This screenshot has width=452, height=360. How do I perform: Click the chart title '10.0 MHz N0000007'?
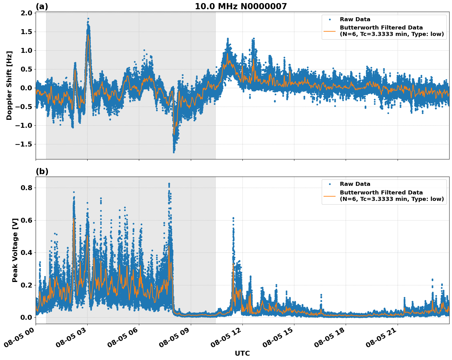[241, 6]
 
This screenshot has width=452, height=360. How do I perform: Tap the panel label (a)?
[42, 6]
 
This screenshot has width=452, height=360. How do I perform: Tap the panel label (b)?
[42, 171]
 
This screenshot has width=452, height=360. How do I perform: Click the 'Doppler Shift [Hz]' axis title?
[9, 85]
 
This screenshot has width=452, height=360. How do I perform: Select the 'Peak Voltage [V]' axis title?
[15, 250]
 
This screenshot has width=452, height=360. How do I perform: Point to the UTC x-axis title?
[242, 353]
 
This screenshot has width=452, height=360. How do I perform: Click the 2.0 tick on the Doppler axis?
[27, 13]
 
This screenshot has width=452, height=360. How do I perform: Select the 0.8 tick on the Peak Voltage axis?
[27, 188]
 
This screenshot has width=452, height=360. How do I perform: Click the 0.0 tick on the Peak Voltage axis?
[27, 317]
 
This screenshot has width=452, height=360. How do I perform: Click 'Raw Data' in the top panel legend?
[355, 19]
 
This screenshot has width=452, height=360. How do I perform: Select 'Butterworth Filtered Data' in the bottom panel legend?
[381, 193]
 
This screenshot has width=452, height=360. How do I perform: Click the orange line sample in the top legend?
[329, 31]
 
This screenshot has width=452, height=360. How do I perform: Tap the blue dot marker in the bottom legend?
[329, 184]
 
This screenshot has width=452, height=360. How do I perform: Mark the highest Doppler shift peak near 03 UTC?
[88, 19]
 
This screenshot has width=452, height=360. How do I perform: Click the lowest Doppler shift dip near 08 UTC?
[174, 152]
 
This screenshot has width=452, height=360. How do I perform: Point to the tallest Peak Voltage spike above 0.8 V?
[169, 184]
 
